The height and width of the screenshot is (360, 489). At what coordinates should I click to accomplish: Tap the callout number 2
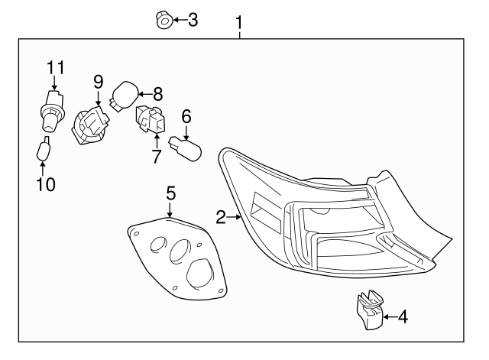tap(220, 219)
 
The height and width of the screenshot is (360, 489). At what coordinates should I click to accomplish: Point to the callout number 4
tap(401, 315)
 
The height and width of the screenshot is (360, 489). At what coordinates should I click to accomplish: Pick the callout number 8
tap(157, 94)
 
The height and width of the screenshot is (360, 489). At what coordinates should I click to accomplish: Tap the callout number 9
tap(99, 81)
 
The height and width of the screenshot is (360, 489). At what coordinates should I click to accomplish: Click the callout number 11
tap(53, 67)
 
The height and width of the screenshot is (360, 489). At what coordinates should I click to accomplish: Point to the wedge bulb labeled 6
tap(186, 144)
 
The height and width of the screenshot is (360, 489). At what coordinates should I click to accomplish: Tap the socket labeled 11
tap(53, 110)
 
